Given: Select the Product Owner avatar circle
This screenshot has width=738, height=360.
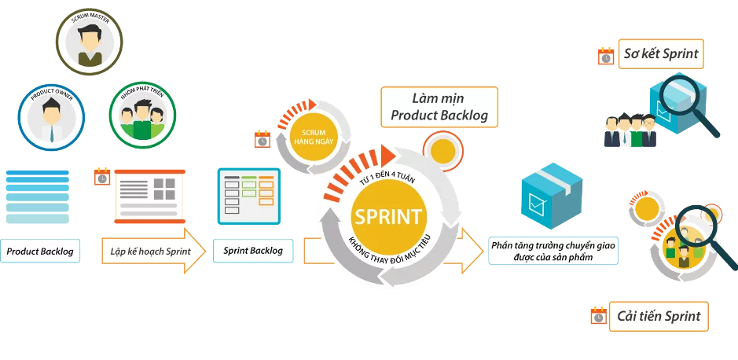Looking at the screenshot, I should pos(52,115).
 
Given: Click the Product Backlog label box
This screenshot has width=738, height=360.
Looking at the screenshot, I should pos(40,252).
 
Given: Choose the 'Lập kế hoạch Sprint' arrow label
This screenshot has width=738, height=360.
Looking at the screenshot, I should pos(146,252).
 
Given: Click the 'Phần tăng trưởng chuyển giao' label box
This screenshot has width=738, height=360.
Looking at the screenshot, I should pos(553,251).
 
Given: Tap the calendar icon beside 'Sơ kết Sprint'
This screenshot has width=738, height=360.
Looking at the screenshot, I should pos(606,56).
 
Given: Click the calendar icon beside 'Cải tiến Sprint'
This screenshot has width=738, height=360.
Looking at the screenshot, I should pos(598,317).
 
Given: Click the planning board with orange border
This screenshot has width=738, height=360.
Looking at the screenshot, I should pos(149,193).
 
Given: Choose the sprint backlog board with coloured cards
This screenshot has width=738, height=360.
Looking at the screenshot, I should pos(248,193).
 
